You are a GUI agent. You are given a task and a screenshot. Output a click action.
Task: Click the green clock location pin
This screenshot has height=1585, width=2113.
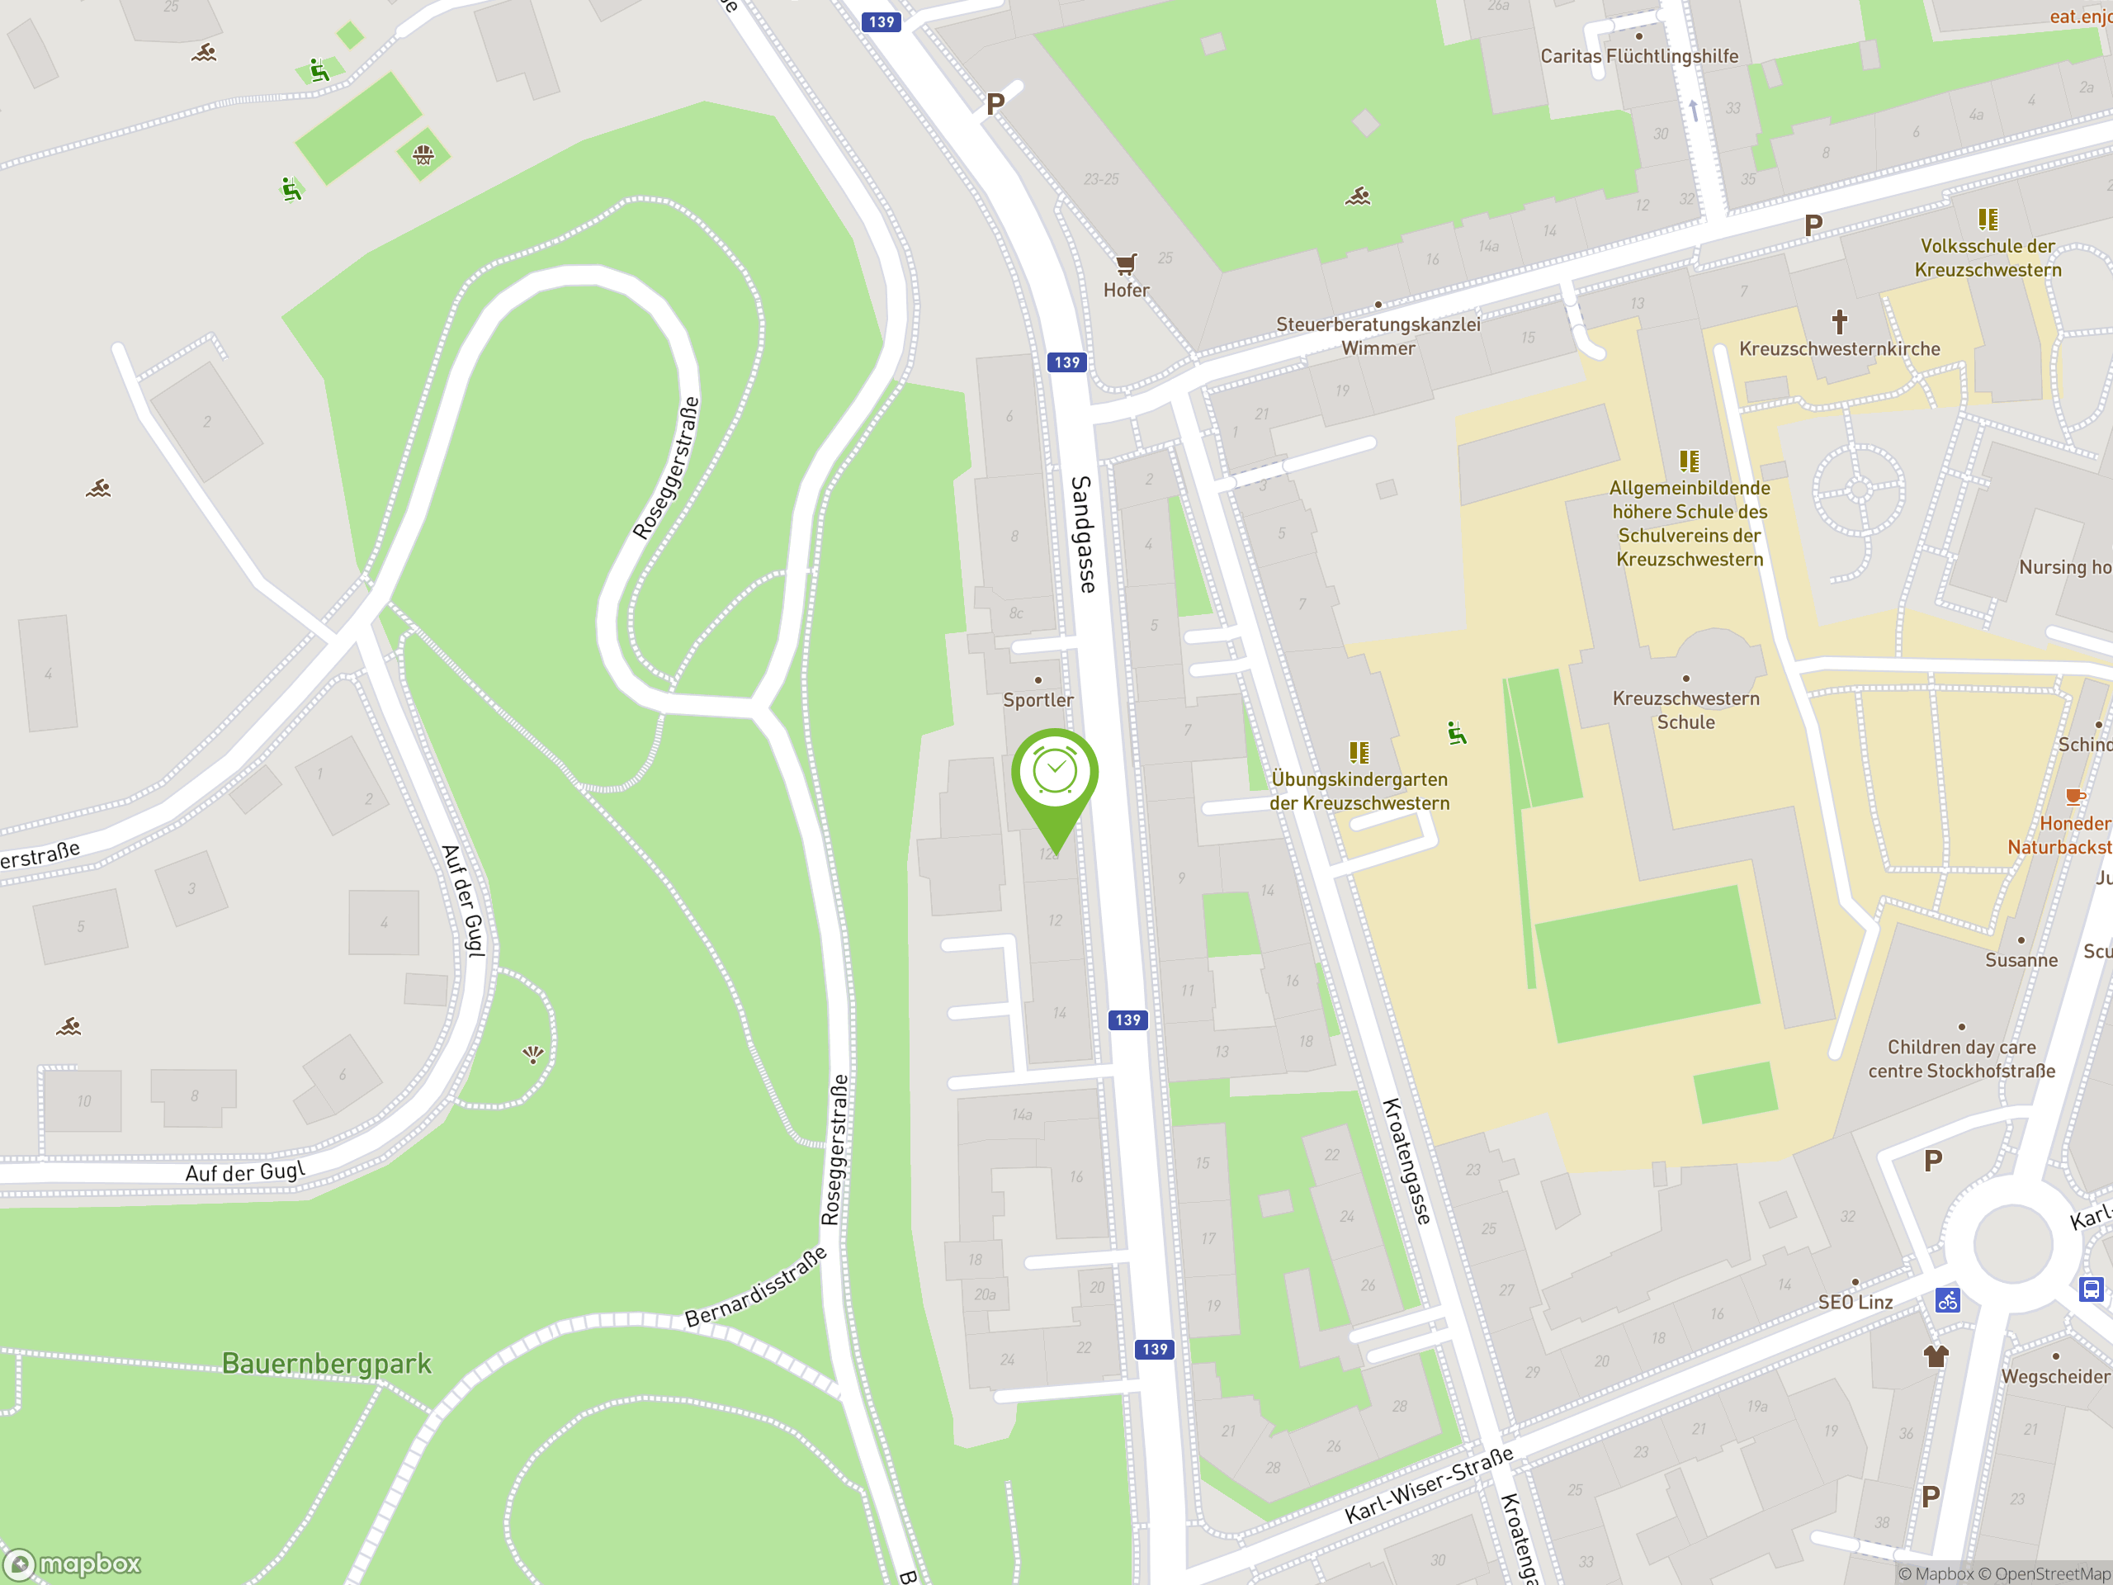(1055, 774)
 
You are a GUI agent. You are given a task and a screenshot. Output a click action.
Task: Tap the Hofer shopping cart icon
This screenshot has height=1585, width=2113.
(1126, 263)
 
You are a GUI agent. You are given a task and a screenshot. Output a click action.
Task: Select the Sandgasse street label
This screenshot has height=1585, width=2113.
(1083, 534)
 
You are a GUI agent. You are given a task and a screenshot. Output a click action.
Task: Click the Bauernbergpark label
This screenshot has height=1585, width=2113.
(327, 1364)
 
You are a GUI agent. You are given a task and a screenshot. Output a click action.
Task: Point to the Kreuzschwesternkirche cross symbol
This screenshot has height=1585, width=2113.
(1839, 321)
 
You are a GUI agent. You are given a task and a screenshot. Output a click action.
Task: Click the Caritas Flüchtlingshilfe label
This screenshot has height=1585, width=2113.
(1639, 56)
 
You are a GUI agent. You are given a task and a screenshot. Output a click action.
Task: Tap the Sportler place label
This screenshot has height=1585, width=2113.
(1038, 700)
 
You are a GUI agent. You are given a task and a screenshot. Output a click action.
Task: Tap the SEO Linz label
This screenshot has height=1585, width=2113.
(1855, 1302)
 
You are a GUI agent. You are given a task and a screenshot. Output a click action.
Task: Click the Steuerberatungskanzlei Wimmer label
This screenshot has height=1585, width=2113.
(1378, 336)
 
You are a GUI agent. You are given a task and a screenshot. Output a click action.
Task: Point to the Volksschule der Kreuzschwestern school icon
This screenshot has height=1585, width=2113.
(1988, 220)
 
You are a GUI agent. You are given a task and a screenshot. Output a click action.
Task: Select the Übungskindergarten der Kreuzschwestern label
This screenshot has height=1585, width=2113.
(1359, 791)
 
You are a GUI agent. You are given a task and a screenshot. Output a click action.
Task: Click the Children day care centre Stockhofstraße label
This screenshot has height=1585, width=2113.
(1961, 1058)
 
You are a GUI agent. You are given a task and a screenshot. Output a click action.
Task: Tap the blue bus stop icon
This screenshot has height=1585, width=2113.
(2091, 1289)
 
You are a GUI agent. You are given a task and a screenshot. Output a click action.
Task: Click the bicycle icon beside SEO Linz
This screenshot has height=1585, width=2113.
(1948, 1300)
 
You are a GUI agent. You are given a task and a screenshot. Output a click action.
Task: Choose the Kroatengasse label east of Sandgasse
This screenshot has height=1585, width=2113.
(1407, 1161)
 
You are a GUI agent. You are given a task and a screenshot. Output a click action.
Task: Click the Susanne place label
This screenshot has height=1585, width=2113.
(2021, 960)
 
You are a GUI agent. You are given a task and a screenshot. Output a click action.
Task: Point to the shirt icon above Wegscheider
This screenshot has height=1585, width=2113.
(1936, 1356)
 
